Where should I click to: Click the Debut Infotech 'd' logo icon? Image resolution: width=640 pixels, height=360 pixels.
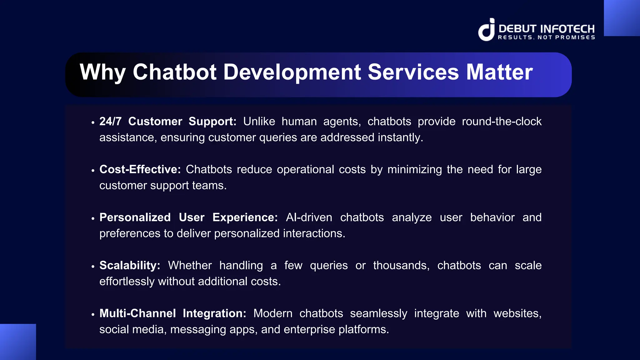pos(487,30)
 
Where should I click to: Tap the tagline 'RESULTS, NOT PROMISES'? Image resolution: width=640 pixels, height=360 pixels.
pos(546,37)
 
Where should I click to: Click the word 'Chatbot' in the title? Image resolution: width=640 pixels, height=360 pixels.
pos(174,72)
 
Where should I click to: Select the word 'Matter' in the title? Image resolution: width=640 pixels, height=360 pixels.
pos(499,72)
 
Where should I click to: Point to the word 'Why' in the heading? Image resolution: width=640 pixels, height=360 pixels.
pos(102,73)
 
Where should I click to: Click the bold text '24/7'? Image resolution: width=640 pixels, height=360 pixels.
pos(110,121)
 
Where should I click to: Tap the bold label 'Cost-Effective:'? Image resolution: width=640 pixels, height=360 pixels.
pos(140,169)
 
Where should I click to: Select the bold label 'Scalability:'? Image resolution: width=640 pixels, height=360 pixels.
pos(130,265)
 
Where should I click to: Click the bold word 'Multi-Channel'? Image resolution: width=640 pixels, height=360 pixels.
pos(137,313)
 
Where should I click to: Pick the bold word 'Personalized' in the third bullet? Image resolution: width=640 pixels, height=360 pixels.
pos(135,217)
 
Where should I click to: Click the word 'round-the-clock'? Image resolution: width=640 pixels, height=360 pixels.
pos(502,121)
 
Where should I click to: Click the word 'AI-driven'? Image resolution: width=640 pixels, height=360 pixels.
pos(309,217)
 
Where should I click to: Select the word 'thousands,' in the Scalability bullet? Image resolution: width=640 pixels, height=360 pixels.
pos(401,265)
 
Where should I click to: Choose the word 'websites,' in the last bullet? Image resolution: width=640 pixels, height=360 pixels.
pos(517,313)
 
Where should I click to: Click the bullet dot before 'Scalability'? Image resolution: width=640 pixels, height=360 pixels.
pos(93,267)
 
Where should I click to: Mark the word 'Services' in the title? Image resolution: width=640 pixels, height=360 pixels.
pos(413,72)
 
